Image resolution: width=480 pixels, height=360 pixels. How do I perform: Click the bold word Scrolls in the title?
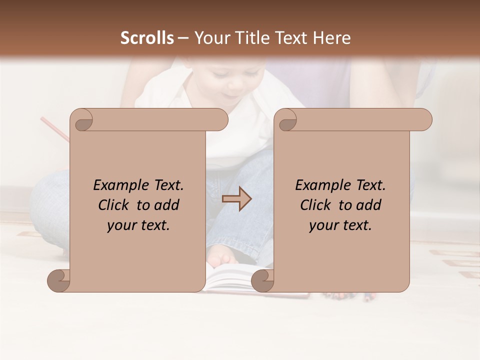coord(147,38)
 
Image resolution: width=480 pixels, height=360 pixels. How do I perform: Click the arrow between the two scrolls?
coord(236,199)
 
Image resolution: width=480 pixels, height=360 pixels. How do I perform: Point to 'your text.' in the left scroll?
coord(138,225)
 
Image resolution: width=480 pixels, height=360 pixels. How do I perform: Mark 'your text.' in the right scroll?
coord(340,225)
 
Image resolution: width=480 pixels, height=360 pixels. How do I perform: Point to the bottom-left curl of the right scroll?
coord(262,281)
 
